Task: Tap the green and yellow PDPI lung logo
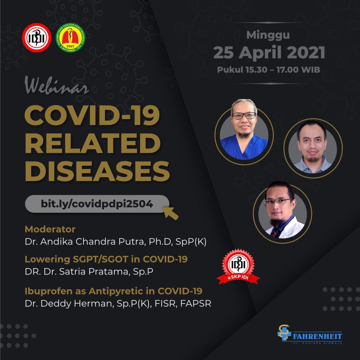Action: coord(70,38)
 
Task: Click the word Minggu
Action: coord(268,35)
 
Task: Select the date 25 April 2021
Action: coord(269,52)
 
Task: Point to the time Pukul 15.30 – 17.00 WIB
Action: coord(268,70)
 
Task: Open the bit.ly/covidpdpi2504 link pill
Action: coord(97,204)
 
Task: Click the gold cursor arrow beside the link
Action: coord(171,213)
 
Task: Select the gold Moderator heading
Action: coord(50,229)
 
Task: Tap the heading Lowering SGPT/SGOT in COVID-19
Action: coord(106,259)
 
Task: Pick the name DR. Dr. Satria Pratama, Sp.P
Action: coord(89,271)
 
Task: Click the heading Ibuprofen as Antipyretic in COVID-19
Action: coord(113,291)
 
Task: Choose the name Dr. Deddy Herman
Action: coord(118,303)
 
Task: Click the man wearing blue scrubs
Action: coord(244,132)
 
